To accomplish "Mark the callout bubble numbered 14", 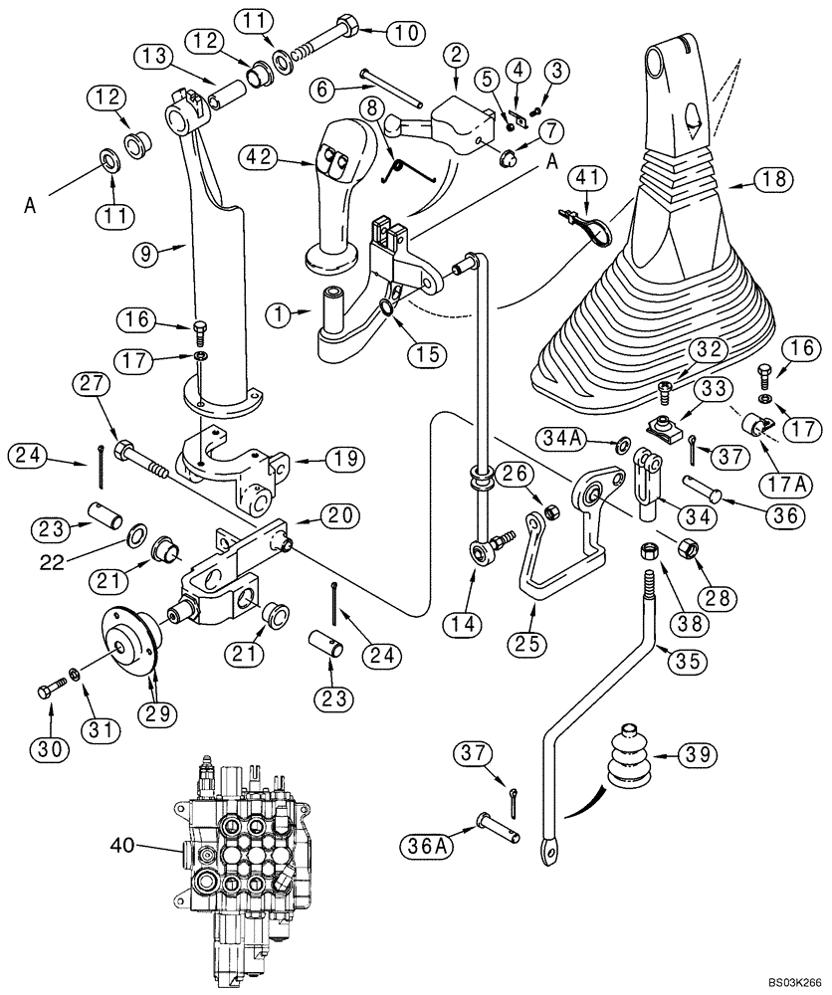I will coord(467,625).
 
